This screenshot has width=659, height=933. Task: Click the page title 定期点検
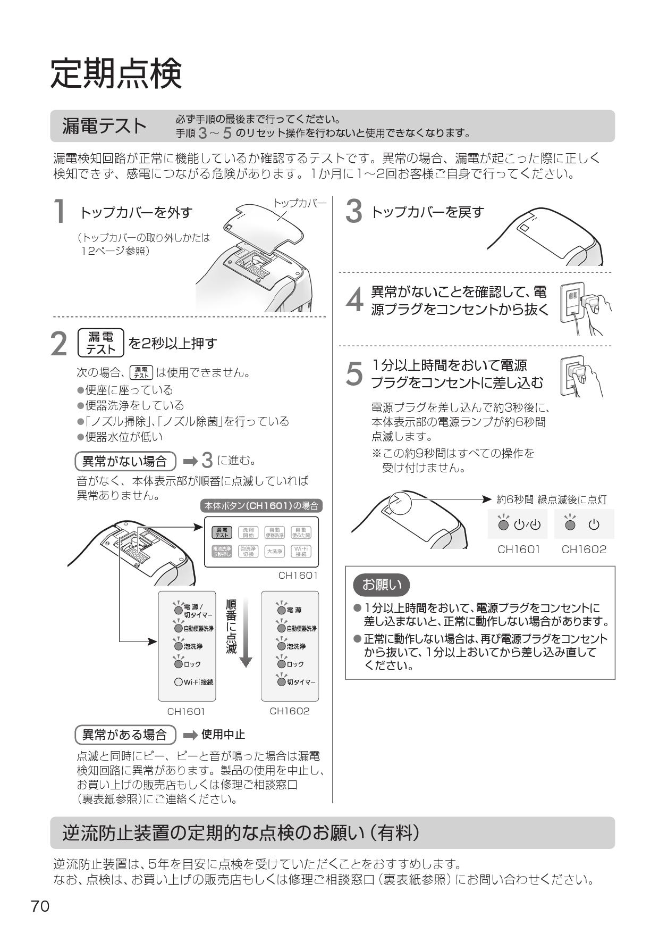click(116, 74)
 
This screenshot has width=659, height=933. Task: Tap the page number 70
click(40, 906)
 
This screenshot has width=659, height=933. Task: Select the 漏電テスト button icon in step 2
click(101, 343)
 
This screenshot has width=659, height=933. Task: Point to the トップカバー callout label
click(300, 203)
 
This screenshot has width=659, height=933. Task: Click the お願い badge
click(382, 585)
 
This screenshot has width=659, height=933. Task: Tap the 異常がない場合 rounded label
click(125, 461)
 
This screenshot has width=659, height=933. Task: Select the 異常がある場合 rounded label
click(125, 735)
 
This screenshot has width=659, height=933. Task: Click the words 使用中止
click(223, 735)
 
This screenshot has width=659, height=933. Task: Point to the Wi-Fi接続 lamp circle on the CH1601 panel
click(179, 682)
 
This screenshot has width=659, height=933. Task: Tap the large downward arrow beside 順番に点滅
click(246, 633)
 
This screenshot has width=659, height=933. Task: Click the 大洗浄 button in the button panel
click(275, 552)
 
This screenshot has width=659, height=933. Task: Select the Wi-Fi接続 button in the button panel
click(301, 552)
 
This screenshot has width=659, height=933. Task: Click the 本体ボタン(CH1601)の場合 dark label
click(261, 506)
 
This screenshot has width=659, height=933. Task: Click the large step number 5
click(354, 374)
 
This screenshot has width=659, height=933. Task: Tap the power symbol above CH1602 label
click(594, 525)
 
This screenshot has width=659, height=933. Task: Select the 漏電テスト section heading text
click(104, 126)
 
